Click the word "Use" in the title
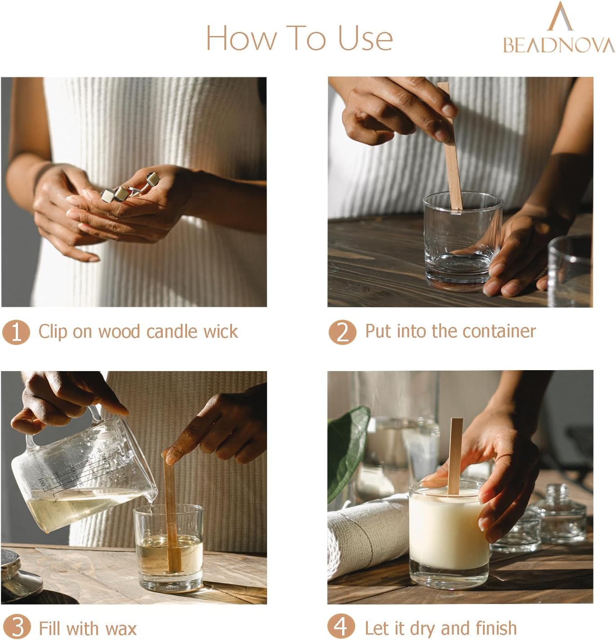(365, 39)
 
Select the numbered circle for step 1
(16, 332)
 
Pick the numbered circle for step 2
(342, 332)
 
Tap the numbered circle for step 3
(17, 627)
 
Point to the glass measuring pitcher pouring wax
(84, 474)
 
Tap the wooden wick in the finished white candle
(455, 456)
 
